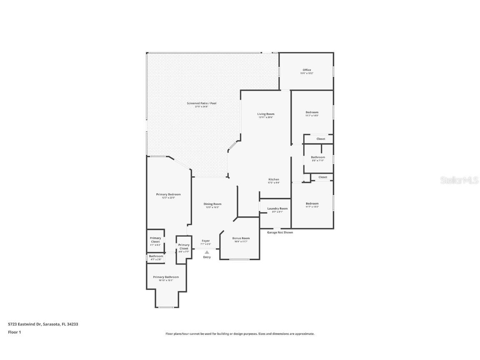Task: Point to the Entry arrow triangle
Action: [207, 252]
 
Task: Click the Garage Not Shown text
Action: [280, 232]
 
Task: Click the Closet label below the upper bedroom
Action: [321, 139]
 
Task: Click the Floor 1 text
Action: [15, 332]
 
